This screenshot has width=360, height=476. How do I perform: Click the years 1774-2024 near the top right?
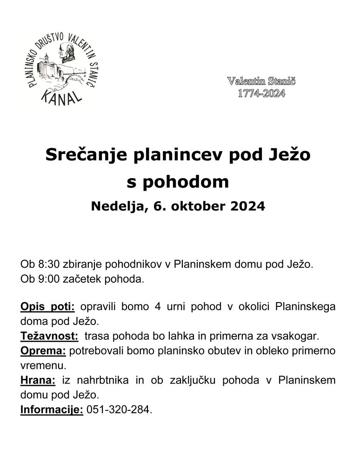click(x=261, y=93)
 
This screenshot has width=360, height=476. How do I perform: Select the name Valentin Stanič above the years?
click(x=261, y=81)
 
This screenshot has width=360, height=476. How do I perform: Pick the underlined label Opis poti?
click(x=47, y=307)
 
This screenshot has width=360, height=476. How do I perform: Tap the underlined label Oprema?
click(x=43, y=351)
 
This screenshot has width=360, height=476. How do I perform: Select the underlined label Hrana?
click(x=38, y=380)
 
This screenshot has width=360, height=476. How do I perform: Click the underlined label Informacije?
click(x=52, y=410)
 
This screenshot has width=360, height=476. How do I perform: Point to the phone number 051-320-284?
click(x=119, y=410)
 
